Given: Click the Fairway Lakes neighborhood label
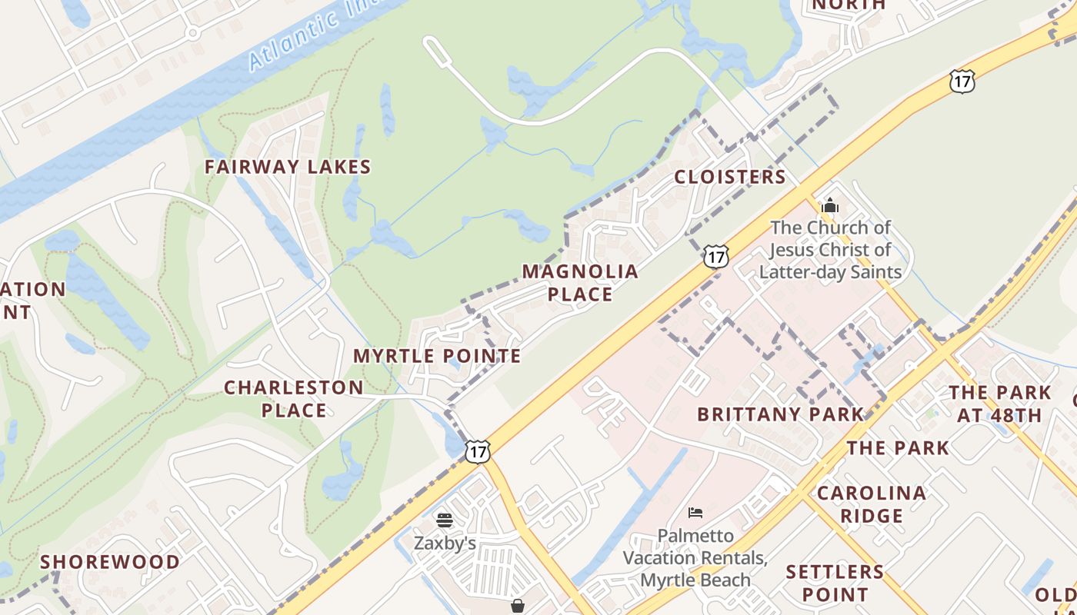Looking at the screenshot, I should [288, 167].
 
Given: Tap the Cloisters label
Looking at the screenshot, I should [730, 178].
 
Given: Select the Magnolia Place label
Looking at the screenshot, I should [580, 282].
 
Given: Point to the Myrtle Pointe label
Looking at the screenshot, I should [437, 356].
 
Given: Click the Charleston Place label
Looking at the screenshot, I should [294, 398].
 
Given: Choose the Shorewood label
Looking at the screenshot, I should [110, 562].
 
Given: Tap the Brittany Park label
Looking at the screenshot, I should [781, 414].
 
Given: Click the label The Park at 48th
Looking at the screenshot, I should [999, 404].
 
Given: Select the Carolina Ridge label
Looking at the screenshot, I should [872, 504].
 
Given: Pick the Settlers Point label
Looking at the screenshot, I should [835, 583].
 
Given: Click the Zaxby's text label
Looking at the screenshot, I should [445, 543].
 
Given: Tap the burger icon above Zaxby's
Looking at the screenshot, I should [445, 520].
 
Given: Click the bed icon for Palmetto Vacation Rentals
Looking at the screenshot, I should [695, 513].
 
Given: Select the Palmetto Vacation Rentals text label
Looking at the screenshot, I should [695, 557].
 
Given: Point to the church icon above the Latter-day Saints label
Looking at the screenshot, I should [829, 206].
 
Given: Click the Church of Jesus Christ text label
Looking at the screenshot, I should [831, 250].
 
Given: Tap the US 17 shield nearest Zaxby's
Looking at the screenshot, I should [478, 451].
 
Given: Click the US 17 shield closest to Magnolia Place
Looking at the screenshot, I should [715, 257].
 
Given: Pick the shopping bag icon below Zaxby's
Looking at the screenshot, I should [518, 607].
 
